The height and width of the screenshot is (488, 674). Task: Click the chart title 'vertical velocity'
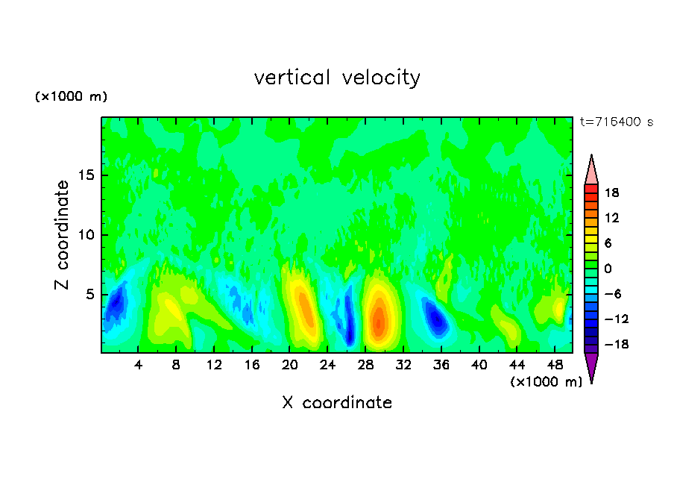tap(337, 78)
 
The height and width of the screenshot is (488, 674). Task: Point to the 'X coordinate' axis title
tap(337, 403)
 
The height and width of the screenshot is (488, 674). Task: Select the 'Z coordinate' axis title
tap(63, 235)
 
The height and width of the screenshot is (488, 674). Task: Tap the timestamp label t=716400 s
tap(616, 122)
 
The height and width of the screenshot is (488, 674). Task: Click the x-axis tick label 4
tap(139, 365)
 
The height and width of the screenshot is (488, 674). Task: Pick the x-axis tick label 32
tap(403, 365)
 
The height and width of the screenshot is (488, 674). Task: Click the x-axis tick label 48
tap(555, 365)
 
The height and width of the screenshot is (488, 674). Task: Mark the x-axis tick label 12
tap(214, 365)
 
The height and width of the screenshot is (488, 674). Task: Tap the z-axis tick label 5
tap(88, 294)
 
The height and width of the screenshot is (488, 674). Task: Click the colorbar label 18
tap(611, 193)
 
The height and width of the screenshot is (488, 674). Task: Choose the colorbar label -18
tap(610, 344)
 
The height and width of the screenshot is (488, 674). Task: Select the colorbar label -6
tap(611, 294)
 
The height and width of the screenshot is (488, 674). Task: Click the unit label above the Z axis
tap(71, 97)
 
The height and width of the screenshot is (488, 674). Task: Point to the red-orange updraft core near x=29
tap(379, 321)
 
